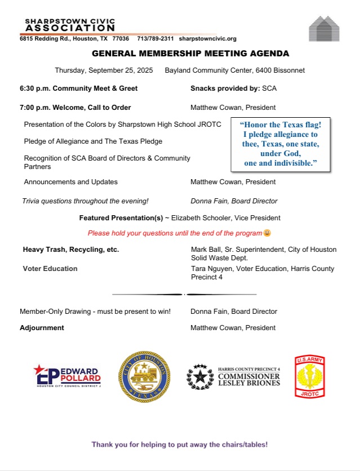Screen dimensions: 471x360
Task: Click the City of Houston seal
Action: (x=143, y=377)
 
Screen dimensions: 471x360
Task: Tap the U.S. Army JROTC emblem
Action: (x=310, y=376)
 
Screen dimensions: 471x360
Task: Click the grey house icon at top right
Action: (x=324, y=29)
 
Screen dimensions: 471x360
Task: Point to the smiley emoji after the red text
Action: (x=267, y=233)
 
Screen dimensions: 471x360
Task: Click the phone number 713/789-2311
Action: (x=155, y=39)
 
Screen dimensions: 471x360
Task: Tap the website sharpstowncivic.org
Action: (x=207, y=39)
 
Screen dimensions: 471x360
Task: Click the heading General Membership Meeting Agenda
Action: (x=190, y=54)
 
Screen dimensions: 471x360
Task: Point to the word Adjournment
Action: (x=42, y=328)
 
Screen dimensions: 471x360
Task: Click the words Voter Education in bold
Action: (x=50, y=269)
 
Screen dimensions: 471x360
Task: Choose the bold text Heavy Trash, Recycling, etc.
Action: (x=70, y=249)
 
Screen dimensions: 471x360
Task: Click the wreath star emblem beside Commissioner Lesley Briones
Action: (x=199, y=376)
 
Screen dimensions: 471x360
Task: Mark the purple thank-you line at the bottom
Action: (x=180, y=445)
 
